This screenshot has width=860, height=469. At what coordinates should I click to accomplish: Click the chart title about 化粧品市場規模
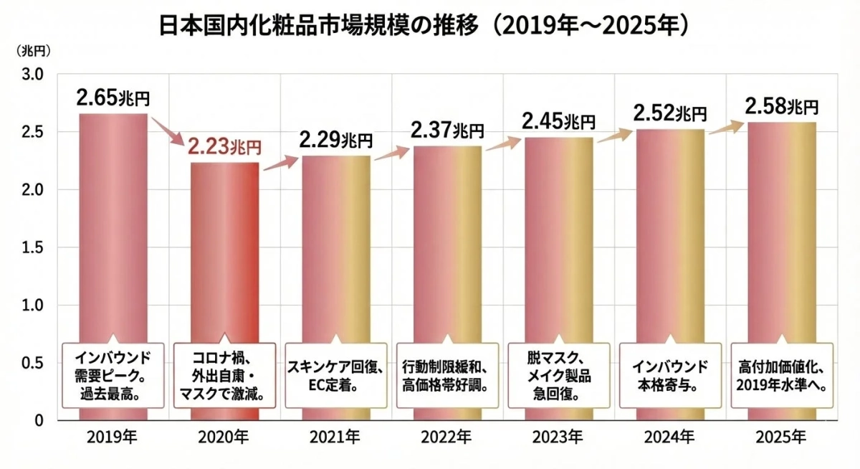pos(424,26)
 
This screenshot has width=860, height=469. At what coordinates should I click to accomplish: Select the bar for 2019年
pos(113,229)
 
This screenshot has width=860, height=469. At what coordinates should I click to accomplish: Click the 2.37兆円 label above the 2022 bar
pos(447,131)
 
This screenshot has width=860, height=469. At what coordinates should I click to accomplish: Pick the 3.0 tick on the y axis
pos(34,75)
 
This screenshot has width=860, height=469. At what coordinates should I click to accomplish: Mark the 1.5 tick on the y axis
pos(34,247)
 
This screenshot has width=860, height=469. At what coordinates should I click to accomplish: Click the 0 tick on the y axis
pos(40,420)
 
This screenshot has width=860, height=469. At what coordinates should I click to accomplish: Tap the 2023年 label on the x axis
pos(558,437)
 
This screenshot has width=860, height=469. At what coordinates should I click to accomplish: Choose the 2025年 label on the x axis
pos(781,437)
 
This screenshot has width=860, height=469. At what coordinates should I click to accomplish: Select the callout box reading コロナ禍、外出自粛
pos(225,375)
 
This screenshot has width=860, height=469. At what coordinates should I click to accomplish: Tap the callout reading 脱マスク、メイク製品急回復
pos(558,375)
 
